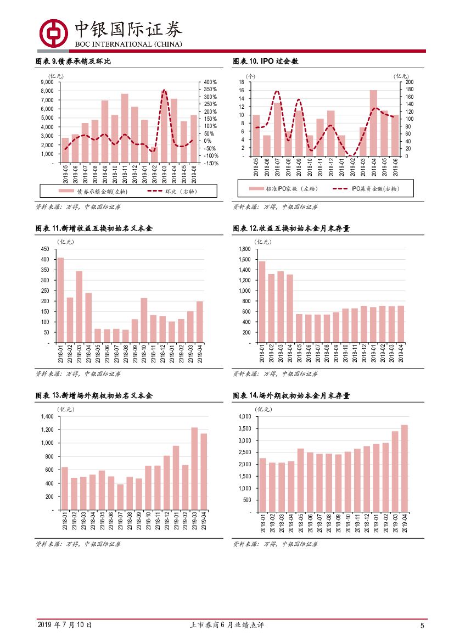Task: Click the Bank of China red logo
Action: (53, 32)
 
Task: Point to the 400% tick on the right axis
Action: (210, 82)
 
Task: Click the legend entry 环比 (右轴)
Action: (172, 191)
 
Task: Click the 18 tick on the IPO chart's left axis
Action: (240, 82)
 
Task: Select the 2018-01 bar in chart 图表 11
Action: (60, 300)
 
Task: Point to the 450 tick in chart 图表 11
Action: (44, 249)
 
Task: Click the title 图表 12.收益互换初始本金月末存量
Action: (291, 228)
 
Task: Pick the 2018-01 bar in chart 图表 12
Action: (262, 302)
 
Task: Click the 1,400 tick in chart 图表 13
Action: (46, 416)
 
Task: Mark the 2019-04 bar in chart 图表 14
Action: (405, 468)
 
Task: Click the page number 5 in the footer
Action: (422, 626)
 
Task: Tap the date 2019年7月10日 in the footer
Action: (65, 625)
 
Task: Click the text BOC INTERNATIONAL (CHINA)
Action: (128, 44)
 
